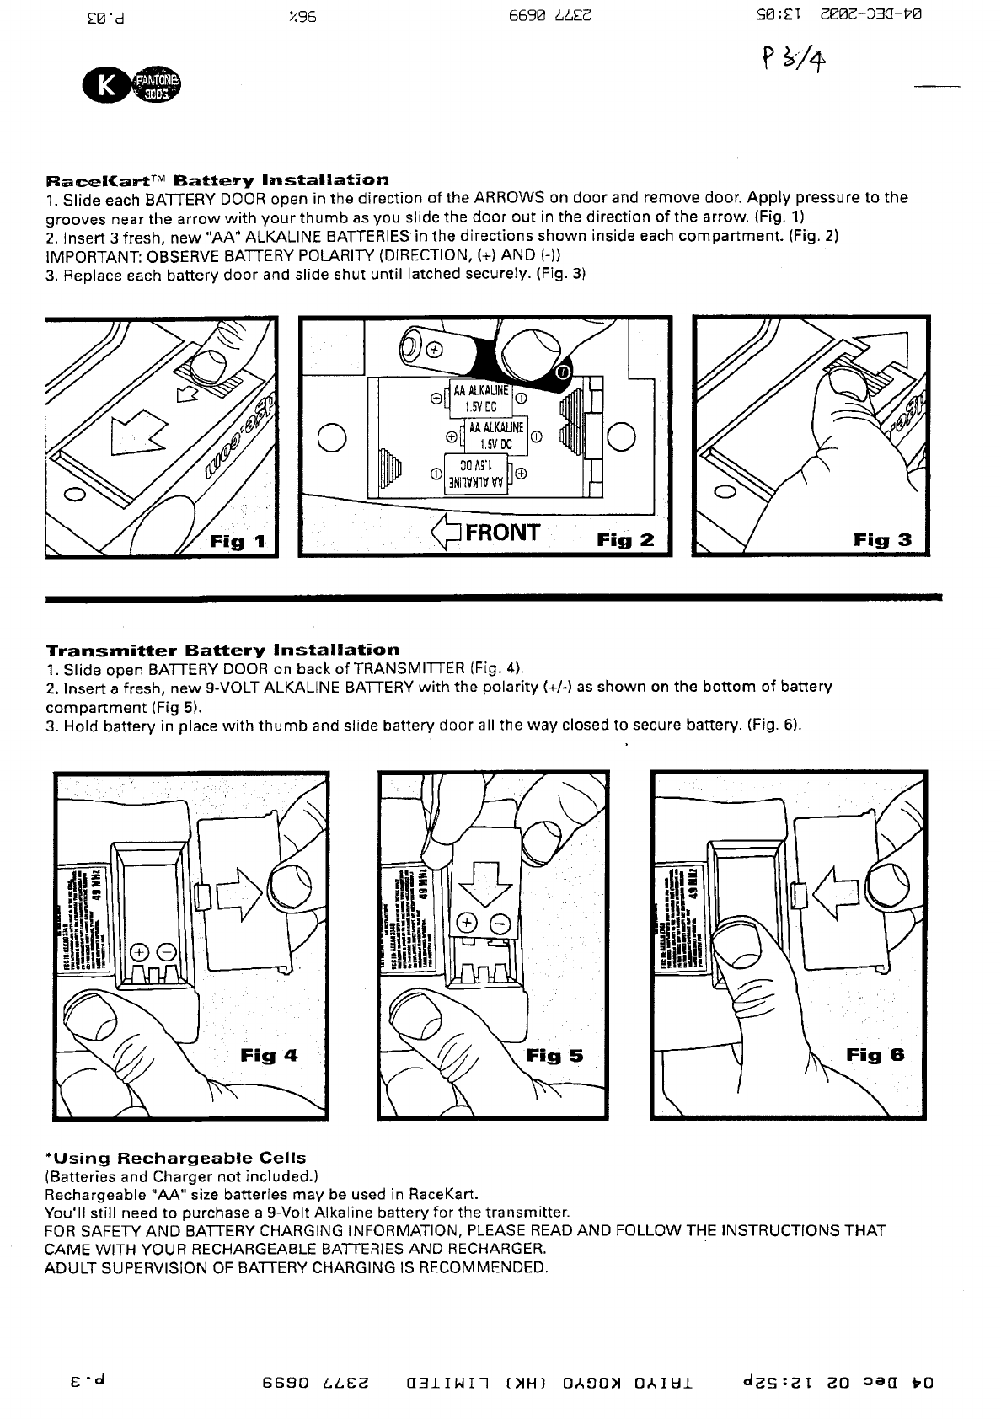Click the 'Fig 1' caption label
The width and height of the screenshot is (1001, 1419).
pos(237,541)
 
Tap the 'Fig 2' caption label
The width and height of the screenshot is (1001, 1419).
pos(624,540)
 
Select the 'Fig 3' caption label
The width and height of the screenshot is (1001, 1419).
pos(882,539)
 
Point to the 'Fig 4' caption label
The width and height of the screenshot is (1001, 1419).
pos(269,1054)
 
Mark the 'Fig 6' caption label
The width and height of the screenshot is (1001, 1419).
pos(875,1054)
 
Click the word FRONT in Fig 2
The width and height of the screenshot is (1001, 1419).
pos(502,533)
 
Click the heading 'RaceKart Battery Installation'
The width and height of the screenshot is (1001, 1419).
pos(217,179)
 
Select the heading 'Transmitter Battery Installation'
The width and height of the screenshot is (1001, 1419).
pos(222,650)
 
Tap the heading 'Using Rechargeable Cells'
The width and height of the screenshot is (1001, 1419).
pos(174,1158)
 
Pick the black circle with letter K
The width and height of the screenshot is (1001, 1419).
pos(104,85)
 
